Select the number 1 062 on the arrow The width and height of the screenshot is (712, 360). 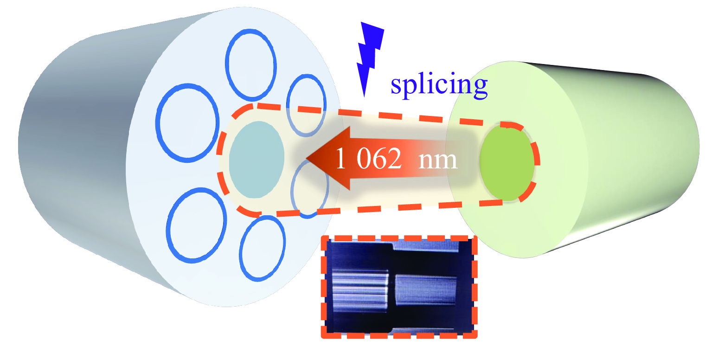coord(369,160)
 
